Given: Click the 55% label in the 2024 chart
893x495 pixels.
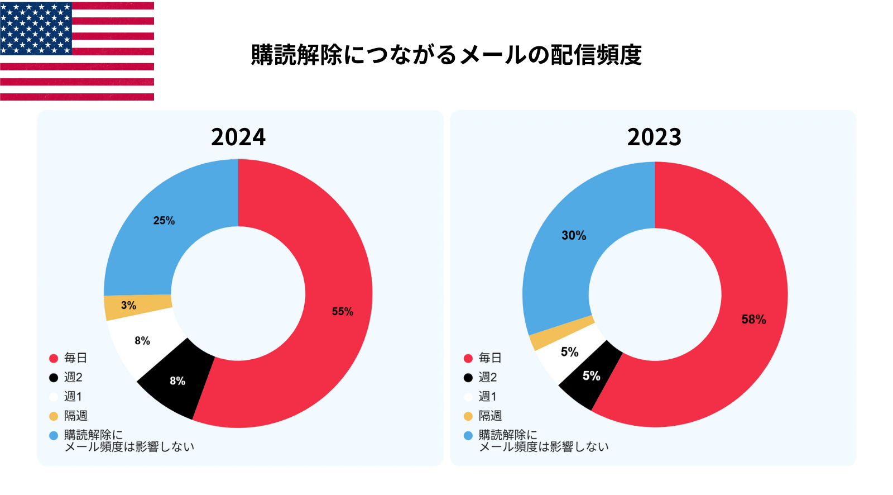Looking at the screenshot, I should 342,311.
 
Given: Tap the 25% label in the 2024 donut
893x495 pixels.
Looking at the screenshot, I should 164,221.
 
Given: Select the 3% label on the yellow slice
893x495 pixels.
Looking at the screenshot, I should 128,305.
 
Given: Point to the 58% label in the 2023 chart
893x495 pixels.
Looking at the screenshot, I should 753,320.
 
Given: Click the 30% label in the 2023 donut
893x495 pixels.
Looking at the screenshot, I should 574,235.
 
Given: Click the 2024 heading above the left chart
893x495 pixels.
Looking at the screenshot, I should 238,137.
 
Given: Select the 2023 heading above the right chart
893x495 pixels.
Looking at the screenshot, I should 654,137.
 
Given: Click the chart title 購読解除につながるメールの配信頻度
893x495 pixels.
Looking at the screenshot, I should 446,55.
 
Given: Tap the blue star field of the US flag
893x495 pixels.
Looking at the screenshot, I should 36,28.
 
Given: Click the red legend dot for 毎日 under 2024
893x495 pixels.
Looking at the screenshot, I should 54,358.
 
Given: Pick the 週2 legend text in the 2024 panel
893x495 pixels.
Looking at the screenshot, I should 73,377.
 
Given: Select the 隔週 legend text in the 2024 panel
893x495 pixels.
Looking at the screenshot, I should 76,416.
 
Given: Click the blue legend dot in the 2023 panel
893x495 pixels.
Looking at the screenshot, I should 468,435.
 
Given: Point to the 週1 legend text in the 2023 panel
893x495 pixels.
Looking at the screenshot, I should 488,397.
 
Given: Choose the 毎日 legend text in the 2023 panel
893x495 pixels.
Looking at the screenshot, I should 490,358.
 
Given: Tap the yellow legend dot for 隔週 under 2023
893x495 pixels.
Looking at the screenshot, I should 468,416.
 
